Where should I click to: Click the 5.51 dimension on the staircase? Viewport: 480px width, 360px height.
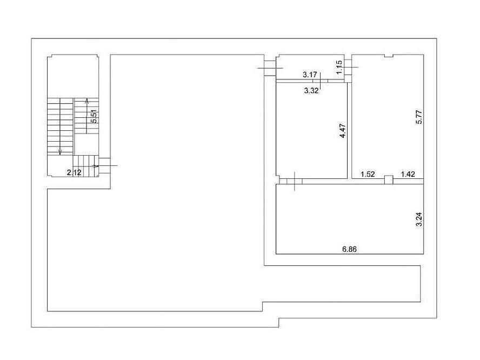click(95, 116)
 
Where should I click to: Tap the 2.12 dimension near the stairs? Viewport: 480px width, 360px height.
click(74, 172)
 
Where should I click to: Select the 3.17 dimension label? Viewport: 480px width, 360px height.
click(310, 75)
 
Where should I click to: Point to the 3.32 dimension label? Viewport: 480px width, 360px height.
click(311, 90)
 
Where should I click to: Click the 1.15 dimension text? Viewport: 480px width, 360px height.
click(339, 67)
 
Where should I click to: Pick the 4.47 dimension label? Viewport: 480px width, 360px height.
click(343, 131)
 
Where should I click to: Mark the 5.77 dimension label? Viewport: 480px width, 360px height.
click(419, 117)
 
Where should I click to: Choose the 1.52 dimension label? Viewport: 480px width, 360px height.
click(368, 174)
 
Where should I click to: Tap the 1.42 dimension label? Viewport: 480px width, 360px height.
click(408, 174)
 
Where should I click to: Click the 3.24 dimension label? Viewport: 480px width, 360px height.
click(419, 219)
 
